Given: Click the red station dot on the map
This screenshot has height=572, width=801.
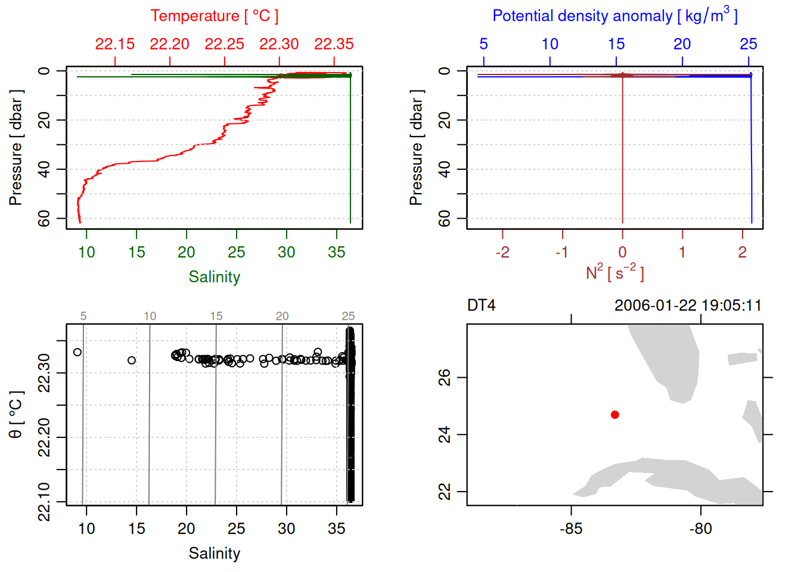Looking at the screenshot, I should click(615, 415).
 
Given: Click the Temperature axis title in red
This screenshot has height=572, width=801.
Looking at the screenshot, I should click(214, 16).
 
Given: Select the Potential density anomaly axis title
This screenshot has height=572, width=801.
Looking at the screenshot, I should click(614, 15).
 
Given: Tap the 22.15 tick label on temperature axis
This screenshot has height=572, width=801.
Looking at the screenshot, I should click(115, 44).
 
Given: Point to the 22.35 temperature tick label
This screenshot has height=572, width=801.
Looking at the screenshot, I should click(334, 44).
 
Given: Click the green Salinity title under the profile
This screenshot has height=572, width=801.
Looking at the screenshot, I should click(214, 277).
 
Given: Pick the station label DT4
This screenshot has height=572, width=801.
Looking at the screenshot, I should click(482, 306).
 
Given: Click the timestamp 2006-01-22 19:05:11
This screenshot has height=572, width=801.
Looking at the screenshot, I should click(688, 306).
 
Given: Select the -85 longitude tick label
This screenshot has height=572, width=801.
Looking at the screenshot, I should click(571, 529).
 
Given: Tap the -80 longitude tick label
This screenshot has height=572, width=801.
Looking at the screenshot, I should click(700, 529).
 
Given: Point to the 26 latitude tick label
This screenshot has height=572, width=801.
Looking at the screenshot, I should click(445, 378).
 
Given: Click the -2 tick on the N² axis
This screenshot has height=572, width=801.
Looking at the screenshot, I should click(502, 252).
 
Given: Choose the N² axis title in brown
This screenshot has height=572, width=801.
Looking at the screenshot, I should click(614, 273).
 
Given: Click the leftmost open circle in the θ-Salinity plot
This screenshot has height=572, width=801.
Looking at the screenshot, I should click(77, 352).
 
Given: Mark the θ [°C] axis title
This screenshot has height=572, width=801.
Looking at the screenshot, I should click(16, 415).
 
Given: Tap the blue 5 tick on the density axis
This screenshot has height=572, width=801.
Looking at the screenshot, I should click(483, 44).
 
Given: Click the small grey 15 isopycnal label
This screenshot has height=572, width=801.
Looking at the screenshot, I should click(216, 316).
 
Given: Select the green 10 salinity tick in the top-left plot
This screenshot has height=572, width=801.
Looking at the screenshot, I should click(86, 252).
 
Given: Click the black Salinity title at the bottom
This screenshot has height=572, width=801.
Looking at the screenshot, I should click(214, 554).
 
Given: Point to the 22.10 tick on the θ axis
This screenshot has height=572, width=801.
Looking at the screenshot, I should click(44, 502).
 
